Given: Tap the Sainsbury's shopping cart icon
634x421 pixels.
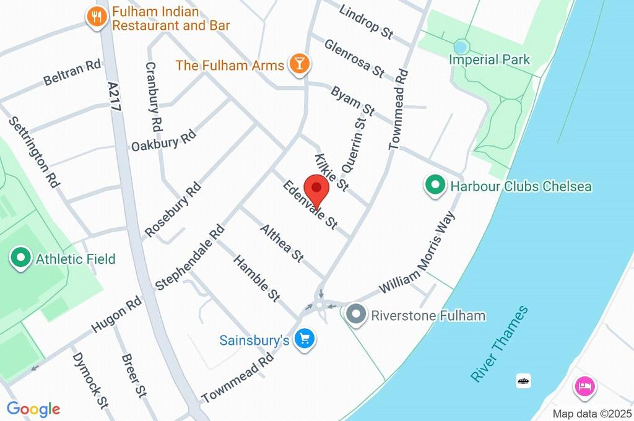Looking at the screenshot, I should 304,339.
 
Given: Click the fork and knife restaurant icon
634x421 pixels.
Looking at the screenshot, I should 96,17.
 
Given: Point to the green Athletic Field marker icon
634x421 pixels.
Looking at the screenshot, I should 22,258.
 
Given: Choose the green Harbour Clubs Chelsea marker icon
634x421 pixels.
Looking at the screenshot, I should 435,185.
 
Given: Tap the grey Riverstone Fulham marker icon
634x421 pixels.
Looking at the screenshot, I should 356,315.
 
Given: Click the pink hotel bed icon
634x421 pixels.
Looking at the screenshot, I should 584,388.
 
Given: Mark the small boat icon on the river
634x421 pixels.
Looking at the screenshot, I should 524,381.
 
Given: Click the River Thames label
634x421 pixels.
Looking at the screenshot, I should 500,344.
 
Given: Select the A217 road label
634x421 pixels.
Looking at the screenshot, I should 115,96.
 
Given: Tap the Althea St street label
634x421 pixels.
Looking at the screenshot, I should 282,243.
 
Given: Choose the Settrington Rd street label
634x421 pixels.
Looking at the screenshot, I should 35,152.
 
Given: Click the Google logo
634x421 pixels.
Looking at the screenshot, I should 33,409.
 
